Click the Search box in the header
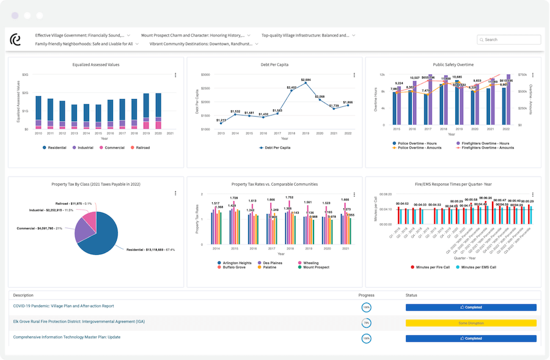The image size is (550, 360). [x=509, y=40]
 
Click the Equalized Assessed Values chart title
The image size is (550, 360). [x=96, y=64]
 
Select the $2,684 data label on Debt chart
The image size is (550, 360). [x=306, y=80]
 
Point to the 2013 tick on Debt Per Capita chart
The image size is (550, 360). [x=221, y=133]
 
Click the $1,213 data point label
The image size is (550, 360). [x=221, y=120]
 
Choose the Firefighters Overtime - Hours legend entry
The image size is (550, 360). [x=482, y=143]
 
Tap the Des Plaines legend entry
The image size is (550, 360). [x=274, y=263]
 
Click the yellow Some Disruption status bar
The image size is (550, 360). [x=471, y=323]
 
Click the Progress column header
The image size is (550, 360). [x=367, y=295]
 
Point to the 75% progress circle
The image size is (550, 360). [x=366, y=323]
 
